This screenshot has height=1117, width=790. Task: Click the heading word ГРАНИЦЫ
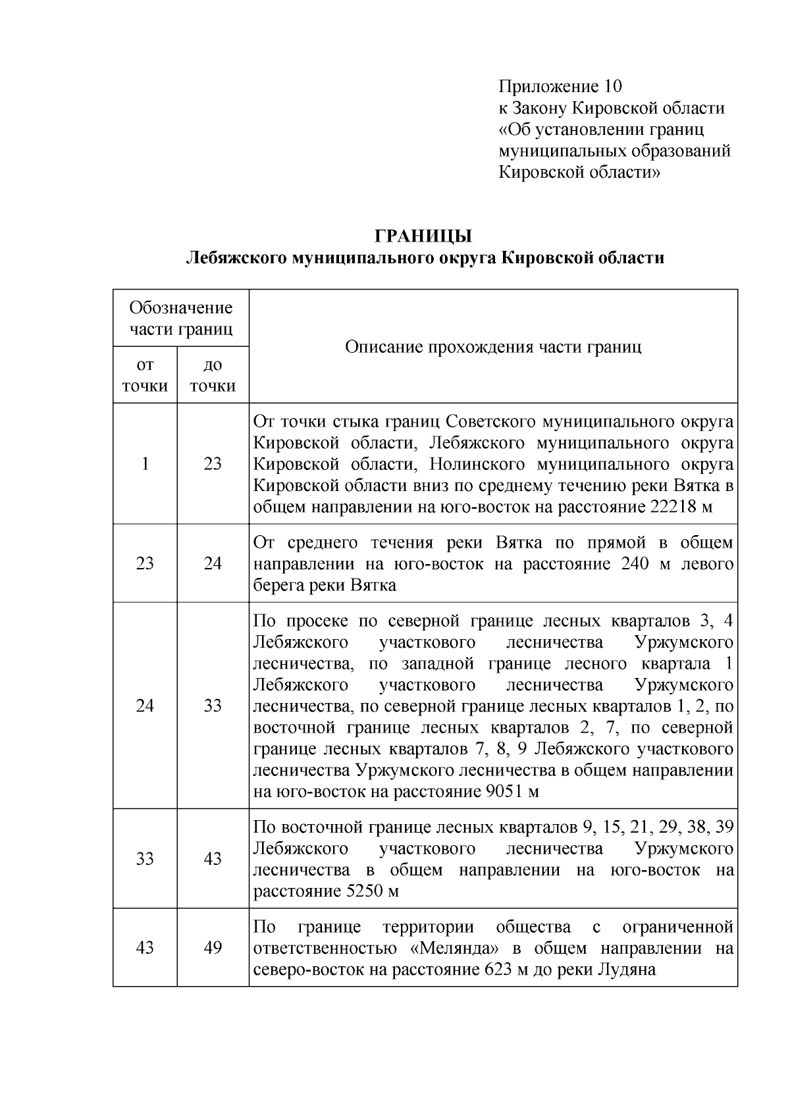point(423,236)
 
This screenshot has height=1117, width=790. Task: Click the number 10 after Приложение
point(612,87)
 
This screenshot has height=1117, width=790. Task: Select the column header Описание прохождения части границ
point(493,347)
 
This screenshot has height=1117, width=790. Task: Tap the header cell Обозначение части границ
point(181,318)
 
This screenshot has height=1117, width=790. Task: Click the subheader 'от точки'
point(145,375)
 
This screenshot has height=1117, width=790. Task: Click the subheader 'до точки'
point(213,375)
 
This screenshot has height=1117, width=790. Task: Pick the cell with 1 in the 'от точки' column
point(145,464)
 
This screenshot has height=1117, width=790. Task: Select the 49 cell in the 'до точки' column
point(213,948)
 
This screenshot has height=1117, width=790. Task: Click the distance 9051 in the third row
point(506,791)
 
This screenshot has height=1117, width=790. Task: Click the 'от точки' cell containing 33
point(145,859)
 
